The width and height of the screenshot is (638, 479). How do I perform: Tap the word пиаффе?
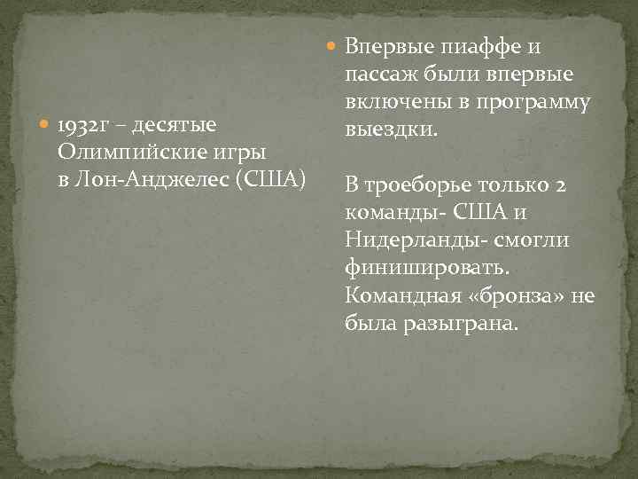[482, 46]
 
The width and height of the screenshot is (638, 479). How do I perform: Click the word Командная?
[401, 295]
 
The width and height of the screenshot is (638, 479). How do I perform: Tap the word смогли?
[533, 240]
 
